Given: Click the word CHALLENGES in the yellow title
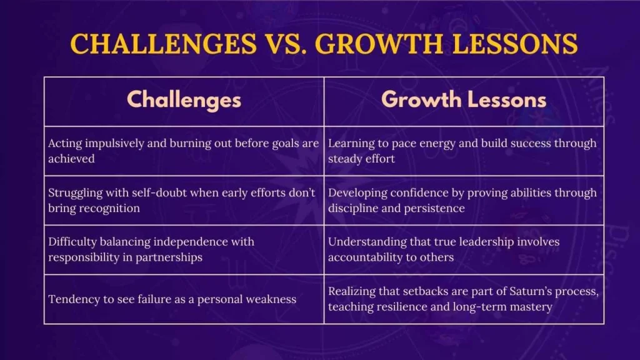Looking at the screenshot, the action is (x=163, y=44).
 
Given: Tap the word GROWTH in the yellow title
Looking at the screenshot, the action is (x=379, y=44).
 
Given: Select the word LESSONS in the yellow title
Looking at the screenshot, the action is (x=515, y=44).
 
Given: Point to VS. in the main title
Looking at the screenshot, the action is (x=286, y=44).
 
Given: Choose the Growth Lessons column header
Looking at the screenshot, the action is (x=464, y=99).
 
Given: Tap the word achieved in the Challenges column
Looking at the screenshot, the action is (x=71, y=158).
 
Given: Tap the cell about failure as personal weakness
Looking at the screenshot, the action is (x=184, y=299).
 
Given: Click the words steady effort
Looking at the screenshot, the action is (x=361, y=159).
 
